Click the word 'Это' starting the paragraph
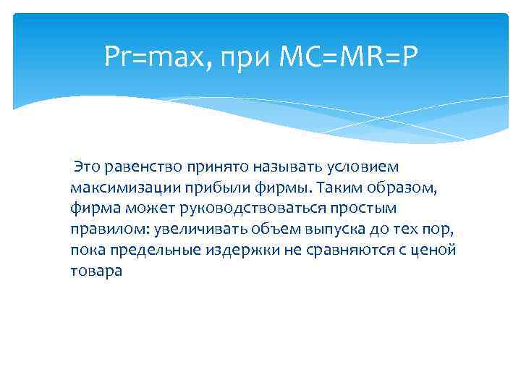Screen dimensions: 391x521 (88, 168)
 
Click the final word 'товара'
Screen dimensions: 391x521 (97, 272)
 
